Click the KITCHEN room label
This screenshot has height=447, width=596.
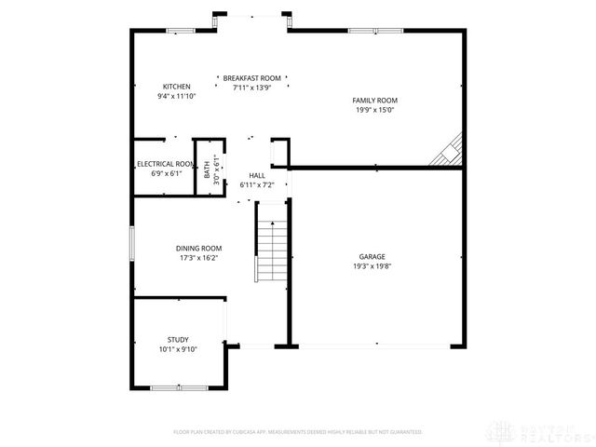point(177,87)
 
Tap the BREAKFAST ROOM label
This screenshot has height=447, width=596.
point(251,78)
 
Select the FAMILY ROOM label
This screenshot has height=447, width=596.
point(374,100)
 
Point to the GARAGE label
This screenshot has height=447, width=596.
point(372,256)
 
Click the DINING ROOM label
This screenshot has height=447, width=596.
point(199,248)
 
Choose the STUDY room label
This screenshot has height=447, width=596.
point(178,340)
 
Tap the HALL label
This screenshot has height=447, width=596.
point(257,175)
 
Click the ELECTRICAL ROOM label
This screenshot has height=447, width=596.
point(166,164)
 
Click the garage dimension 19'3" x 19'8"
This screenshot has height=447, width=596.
point(372,265)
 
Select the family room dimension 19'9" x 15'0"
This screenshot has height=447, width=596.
point(374,109)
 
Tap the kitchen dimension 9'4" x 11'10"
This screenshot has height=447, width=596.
point(177,96)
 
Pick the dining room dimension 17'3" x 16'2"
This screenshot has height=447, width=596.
point(199,257)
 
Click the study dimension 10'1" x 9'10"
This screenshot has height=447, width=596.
point(178,349)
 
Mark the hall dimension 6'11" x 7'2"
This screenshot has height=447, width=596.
point(257,184)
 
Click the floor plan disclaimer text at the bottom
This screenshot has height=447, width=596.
point(298,432)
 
